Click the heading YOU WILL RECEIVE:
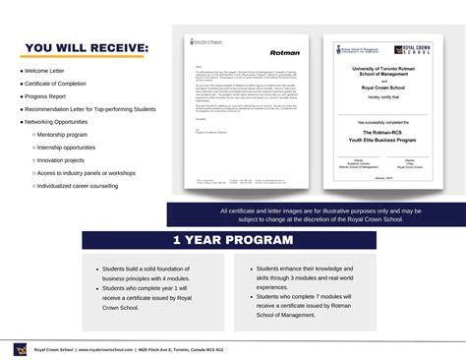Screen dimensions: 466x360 [87, 48]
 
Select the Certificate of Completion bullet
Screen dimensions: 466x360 [57, 84]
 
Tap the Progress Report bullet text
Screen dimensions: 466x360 [46, 96]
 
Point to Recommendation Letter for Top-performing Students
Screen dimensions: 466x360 [88, 109]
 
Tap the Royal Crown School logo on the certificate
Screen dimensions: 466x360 [405, 49]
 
